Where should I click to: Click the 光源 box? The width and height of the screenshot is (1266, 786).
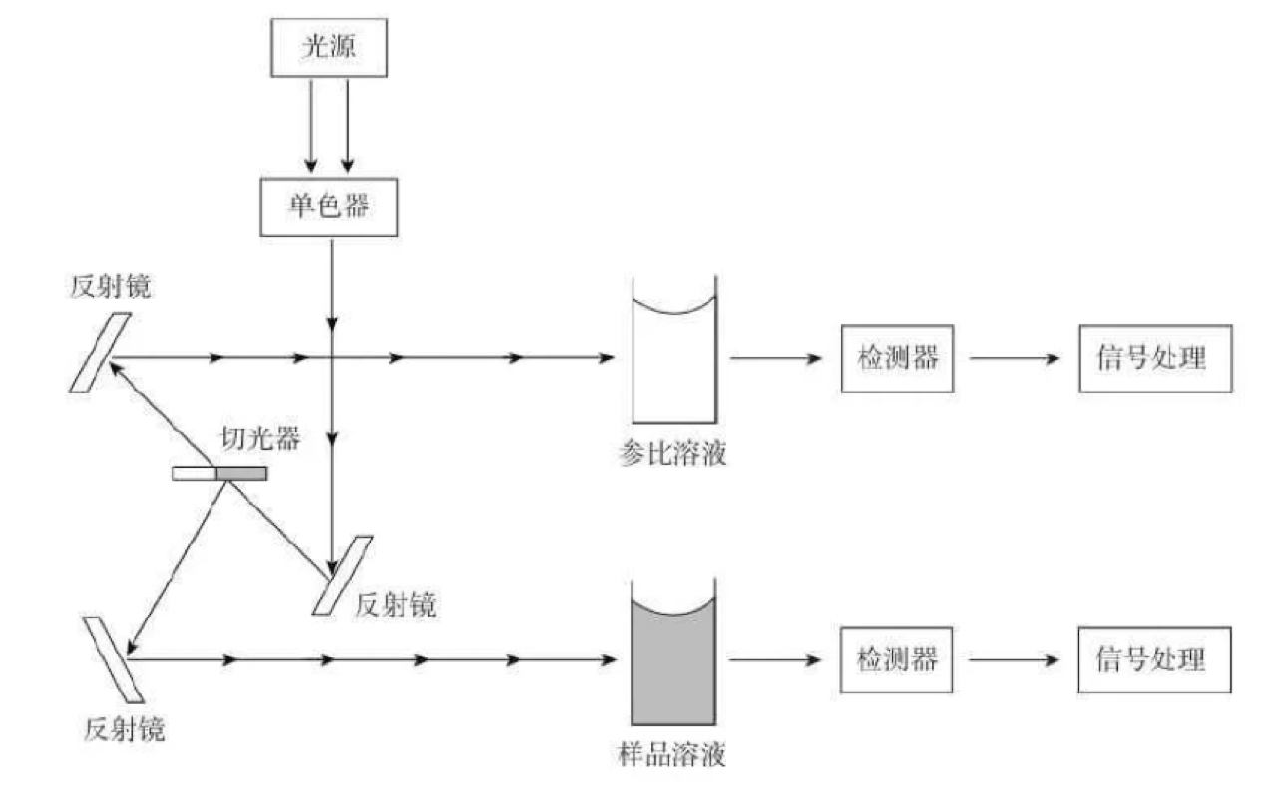329,49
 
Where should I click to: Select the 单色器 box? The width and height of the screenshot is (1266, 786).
329,207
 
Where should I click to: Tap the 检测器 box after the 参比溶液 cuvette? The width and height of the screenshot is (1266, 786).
897,357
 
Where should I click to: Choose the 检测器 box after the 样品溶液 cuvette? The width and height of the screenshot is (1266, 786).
897,659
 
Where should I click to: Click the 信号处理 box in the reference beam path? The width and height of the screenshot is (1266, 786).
1154,357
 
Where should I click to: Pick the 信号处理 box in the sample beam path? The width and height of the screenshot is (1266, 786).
1154,659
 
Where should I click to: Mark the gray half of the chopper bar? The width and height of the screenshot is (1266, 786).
242,473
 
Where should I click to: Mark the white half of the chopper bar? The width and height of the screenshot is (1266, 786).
195,473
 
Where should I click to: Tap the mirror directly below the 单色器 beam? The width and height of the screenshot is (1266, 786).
342,576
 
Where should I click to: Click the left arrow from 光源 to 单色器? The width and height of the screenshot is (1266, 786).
311,126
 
